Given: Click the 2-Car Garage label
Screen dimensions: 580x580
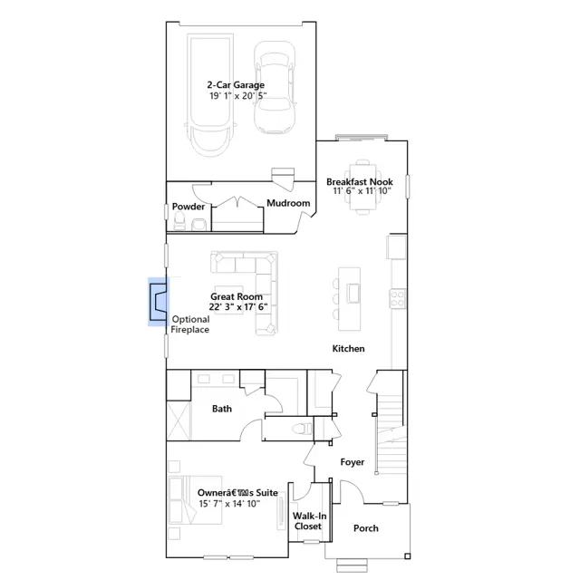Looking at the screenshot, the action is coord(236,85).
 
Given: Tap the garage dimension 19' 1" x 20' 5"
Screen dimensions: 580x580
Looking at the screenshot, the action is coord(238,96).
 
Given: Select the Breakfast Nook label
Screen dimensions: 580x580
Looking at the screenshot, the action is coord(360,182).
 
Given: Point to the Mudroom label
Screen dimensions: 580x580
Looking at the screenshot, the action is coord(288,203).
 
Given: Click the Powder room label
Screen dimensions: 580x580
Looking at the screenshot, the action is coord(188,207).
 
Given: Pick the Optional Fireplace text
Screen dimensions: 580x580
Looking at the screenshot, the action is coord(190,324).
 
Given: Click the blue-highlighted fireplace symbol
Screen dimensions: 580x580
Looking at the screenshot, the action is coord(158,302).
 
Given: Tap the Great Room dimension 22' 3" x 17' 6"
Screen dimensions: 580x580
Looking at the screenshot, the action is coord(238,306).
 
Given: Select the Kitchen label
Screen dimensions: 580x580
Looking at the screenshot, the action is coord(348,348).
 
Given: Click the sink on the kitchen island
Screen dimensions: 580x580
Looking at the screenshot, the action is coord(353,294).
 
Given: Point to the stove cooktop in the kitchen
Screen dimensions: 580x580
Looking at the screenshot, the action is coord(398,298).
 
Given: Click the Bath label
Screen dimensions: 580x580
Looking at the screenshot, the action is coord(222,409).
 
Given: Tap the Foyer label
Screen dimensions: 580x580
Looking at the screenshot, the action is coord(353,462).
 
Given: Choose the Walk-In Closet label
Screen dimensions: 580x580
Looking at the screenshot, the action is coord(309,521).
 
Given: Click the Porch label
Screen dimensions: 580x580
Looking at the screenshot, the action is coord(366,528).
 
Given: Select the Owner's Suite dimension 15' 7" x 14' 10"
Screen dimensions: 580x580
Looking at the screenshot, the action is coord(229,504).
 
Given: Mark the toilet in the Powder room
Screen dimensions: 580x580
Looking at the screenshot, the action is coord(179,221).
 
